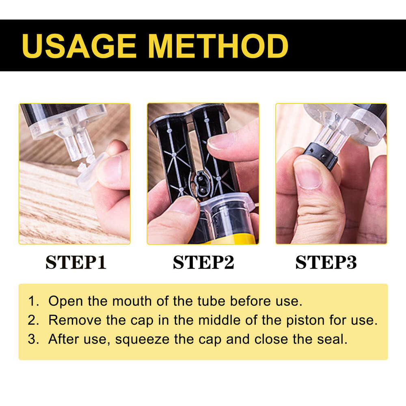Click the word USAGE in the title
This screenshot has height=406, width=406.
click(x=79, y=45)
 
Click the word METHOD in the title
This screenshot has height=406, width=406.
click(x=218, y=45)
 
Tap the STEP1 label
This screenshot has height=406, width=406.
click(x=76, y=262)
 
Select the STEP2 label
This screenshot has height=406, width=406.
click(x=203, y=262)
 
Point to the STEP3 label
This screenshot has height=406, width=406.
click(x=326, y=262)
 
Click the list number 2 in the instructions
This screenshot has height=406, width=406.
click(x=32, y=320)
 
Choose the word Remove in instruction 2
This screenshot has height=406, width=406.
click(x=72, y=320)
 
